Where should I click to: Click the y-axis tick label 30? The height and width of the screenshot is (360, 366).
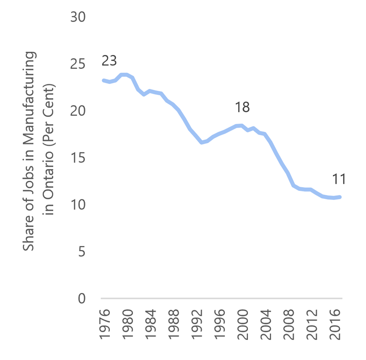(78, 17)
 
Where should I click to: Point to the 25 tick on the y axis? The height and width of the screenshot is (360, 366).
(78, 64)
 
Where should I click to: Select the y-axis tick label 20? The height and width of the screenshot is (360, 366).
(78, 111)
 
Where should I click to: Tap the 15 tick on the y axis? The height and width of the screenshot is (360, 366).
(78, 158)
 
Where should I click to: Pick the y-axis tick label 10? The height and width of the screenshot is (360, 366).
(78, 205)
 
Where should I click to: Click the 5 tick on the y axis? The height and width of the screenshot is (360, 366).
(81, 252)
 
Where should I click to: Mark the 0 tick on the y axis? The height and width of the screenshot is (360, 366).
(81, 298)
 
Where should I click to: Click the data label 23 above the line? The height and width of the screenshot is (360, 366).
(109, 61)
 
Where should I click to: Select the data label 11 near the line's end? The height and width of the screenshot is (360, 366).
(339, 179)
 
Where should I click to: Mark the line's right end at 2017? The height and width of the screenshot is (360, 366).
(341, 197)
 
